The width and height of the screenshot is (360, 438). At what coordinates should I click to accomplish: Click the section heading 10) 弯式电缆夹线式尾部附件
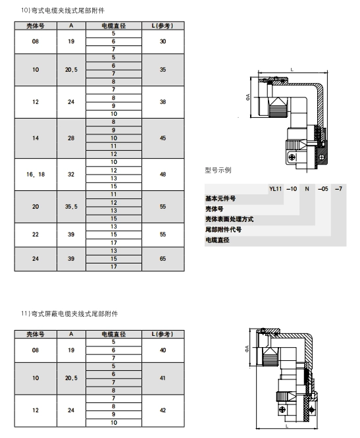63,11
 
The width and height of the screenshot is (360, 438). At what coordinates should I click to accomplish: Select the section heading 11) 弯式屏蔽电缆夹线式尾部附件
70,314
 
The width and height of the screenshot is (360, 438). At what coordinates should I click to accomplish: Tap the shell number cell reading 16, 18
36,175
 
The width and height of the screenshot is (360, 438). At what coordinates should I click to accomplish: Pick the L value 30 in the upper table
163,41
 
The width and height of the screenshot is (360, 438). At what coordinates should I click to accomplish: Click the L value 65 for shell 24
163,259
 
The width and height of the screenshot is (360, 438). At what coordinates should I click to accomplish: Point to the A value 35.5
71,207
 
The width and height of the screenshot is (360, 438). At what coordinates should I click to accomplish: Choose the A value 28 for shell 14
71,138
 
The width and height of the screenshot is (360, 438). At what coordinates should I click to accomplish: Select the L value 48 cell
163,175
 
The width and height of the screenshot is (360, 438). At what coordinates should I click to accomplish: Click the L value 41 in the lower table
163,378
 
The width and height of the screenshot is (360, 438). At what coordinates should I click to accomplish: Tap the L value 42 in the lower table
163,410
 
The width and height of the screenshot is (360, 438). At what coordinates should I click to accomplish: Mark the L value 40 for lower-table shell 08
163,350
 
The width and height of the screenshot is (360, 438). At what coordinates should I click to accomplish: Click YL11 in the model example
276,189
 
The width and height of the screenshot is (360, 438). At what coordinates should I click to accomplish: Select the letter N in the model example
307,189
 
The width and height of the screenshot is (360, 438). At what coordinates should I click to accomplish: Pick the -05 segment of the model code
323,189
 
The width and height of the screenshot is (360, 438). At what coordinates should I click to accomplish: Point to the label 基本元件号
220,199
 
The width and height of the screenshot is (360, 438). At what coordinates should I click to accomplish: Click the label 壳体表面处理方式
230,219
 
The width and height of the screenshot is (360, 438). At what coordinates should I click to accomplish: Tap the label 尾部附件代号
224,230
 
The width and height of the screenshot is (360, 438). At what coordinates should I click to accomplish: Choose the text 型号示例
218,170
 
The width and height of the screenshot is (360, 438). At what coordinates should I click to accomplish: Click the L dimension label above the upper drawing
292,70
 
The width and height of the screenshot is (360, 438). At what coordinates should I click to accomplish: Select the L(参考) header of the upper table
163,26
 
